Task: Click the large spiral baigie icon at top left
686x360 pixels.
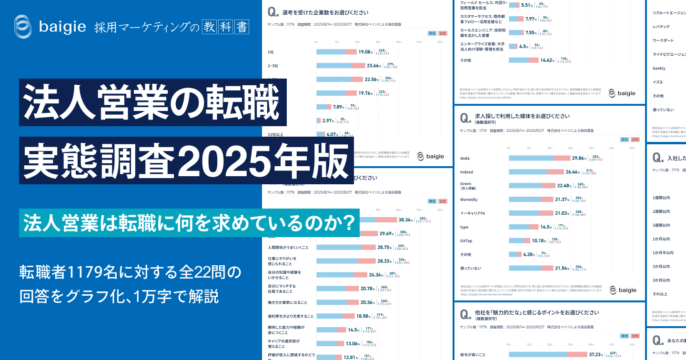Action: click(24, 27)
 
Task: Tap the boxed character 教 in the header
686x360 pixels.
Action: click(208, 27)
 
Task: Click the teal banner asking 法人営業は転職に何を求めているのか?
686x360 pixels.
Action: click(189, 221)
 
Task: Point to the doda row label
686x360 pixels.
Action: click(465, 158)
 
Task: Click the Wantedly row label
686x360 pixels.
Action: click(469, 200)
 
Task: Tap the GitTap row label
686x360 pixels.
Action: click(466, 240)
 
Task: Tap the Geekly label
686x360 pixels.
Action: click(659, 68)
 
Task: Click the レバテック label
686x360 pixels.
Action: click(661, 27)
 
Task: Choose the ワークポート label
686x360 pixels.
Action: click(663, 40)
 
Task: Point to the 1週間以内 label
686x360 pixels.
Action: click(661, 197)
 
